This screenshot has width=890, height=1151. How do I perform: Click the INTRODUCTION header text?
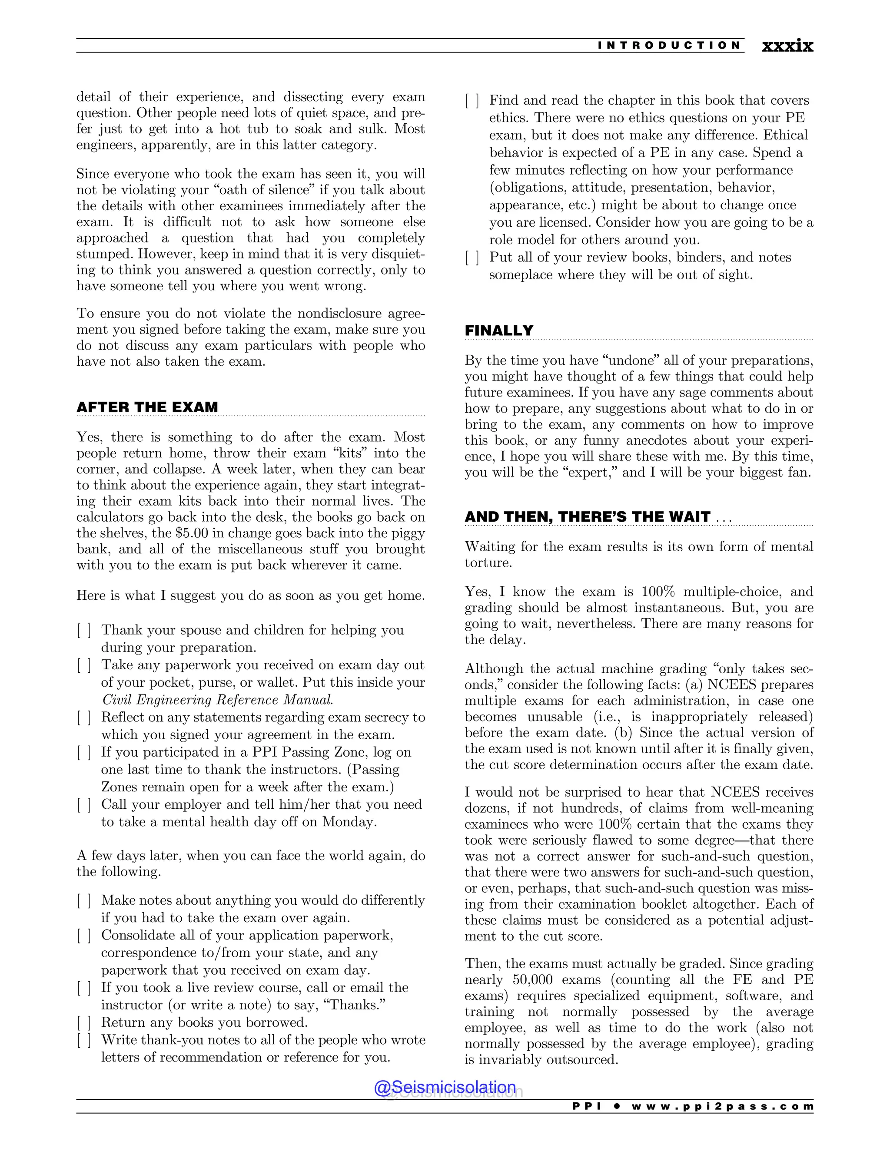coord(669,45)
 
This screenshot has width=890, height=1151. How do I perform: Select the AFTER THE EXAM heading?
coord(147,407)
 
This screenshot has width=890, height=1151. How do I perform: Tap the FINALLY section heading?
coord(499,331)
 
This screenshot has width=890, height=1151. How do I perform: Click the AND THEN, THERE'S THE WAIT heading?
coord(588,517)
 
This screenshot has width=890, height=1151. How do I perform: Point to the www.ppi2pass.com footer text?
coord(722,1106)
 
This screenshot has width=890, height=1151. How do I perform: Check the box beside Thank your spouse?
coord(84,630)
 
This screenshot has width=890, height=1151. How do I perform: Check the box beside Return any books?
coord(84,1022)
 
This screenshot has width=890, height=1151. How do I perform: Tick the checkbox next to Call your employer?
coord(84,805)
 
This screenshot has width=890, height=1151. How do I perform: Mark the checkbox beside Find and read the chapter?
coord(472,101)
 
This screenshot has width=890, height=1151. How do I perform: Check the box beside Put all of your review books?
coord(472,258)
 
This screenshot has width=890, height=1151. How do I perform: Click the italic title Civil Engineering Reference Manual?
coord(217,700)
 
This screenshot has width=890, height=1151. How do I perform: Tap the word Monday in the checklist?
coord(348,822)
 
